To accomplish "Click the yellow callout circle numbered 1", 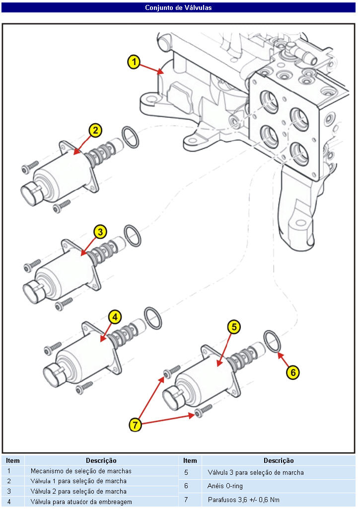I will click(x=134, y=62).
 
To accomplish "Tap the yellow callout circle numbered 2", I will click(x=95, y=131).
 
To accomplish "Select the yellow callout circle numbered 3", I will click(x=100, y=231).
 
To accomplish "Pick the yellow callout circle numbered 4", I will click(x=114, y=316).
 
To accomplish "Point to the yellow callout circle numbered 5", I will click(x=234, y=326).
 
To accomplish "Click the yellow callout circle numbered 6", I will click(x=292, y=371).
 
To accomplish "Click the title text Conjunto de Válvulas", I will click(x=178, y=7).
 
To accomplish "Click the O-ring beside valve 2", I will click(x=130, y=137).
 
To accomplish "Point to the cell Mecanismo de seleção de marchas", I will click(x=81, y=471).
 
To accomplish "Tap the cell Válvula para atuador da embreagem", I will click(x=81, y=502).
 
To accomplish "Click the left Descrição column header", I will click(x=101, y=461).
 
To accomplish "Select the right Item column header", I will click(x=190, y=461).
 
